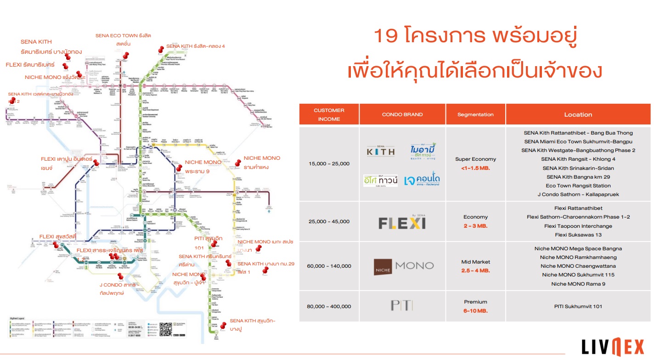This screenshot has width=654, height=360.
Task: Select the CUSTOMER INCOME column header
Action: (x=329, y=114)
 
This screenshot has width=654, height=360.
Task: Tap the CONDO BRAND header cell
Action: (x=402, y=114)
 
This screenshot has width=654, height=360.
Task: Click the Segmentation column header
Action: (x=475, y=114)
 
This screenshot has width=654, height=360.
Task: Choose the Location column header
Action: (x=578, y=114)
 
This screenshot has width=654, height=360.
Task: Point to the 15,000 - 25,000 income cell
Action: (x=329, y=163)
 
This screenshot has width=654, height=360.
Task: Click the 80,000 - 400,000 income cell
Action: (x=329, y=306)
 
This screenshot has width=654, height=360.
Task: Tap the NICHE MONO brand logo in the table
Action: (x=403, y=266)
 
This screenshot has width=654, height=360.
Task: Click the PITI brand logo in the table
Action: (x=402, y=305)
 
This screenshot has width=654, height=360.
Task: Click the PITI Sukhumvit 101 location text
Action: (x=578, y=306)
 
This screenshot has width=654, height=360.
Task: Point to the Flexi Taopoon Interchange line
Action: (x=578, y=226)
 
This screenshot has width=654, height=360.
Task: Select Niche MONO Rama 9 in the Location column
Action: (x=578, y=283)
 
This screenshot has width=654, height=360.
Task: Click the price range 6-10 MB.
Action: (x=475, y=311)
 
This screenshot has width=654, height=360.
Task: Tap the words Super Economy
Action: (x=475, y=159)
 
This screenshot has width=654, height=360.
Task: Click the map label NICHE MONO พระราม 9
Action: (x=203, y=166)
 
